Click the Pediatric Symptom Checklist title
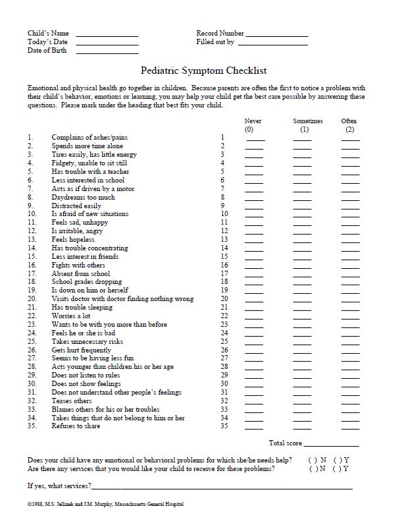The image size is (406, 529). (x=203, y=70)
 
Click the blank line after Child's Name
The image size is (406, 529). (x=107, y=34)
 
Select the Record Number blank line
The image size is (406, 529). (x=276, y=34)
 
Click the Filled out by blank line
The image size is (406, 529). (x=272, y=43)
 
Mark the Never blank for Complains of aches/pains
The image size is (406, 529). (x=254, y=140)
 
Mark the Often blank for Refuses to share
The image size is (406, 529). (x=350, y=429)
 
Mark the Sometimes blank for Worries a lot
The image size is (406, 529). (x=302, y=318)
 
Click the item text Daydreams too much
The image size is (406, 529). (x=83, y=197)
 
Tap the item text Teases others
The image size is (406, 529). (x=72, y=401)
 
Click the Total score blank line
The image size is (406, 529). (x=332, y=445)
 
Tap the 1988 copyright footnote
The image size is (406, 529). (x=105, y=504)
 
